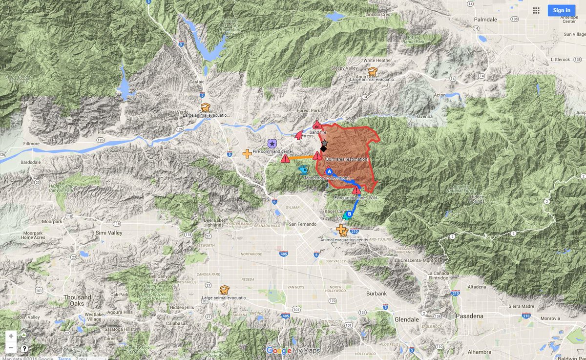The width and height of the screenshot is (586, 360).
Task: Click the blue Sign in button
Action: (561, 10)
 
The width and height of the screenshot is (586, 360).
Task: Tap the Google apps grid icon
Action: (536, 10)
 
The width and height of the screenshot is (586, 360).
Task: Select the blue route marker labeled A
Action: (329, 172)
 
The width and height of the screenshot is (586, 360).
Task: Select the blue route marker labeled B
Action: (349, 213)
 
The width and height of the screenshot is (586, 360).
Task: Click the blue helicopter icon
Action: (303, 170)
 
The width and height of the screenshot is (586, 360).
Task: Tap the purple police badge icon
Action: (272, 144)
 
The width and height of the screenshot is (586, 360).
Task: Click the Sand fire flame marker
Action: (317, 125)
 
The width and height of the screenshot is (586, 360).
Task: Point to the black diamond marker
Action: (323, 148)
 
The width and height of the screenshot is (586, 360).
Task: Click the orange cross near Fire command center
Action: (247, 153)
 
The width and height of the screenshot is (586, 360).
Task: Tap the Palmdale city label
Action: (485, 19)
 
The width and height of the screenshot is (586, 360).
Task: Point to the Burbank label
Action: (376, 294)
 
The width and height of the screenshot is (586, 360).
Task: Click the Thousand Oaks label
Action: (77, 300)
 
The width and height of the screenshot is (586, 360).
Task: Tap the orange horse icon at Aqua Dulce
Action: (373, 71)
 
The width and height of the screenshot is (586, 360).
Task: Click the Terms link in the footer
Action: (64, 358)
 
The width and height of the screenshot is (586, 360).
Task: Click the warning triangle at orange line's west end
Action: (285, 158)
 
